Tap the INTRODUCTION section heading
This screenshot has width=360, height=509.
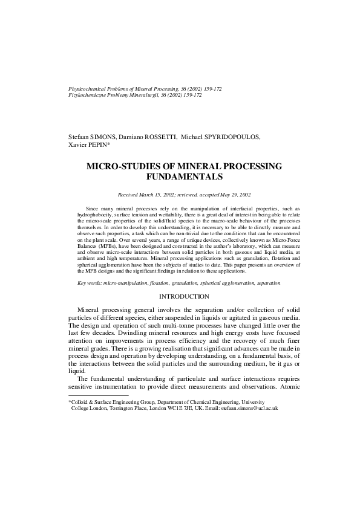point(184,296)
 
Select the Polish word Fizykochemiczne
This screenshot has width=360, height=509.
point(90,95)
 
